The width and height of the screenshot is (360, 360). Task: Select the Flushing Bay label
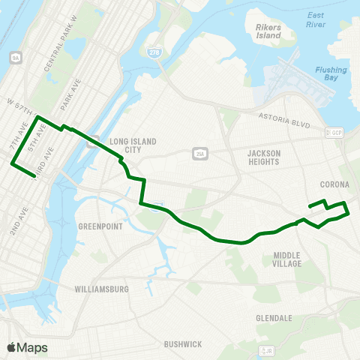click(x=331, y=74)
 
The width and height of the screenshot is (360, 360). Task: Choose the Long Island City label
click(x=125, y=145)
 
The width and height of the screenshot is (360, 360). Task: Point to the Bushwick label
click(x=183, y=344)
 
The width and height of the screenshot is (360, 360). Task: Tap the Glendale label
click(x=274, y=318)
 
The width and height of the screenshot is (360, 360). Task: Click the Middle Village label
click(x=287, y=259)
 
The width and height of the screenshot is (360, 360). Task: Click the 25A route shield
click(x=199, y=153)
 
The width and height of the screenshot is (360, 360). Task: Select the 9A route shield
click(x=15, y=57)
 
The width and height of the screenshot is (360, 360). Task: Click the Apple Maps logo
click(x=26, y=347)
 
